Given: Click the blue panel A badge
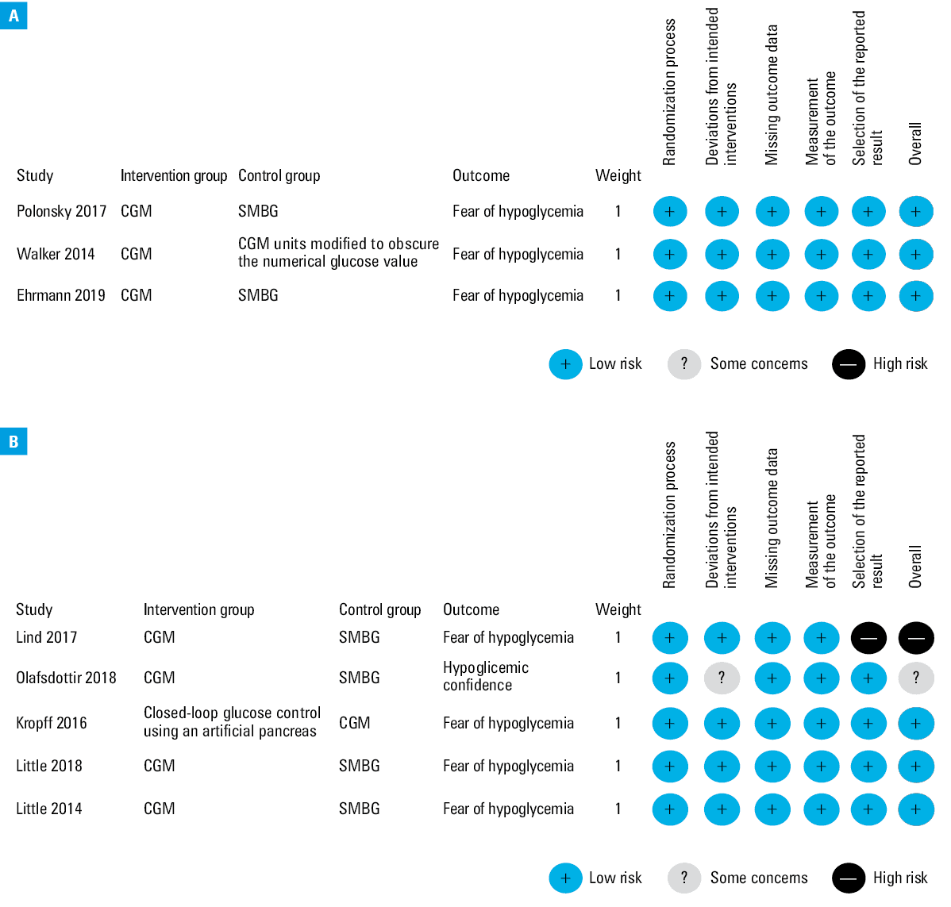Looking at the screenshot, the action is pos(13,15).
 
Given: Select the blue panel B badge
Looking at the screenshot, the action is pos(13,441).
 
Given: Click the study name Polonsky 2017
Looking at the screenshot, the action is pos(61,211).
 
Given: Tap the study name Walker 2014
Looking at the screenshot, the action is pos(56,253).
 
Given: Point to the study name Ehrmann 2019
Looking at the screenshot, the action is pos(60,295).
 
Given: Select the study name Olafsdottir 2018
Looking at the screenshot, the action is pos(66,677).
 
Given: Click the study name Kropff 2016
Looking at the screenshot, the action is pos(52,723).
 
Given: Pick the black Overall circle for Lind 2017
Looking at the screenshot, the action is pos(916,638).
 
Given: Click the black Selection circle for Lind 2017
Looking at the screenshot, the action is pos(868,638).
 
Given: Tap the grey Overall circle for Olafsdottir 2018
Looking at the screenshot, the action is pos(916,678).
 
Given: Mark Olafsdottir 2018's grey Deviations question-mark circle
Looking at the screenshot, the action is pos(722,678).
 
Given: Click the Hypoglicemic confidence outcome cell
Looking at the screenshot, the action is pos(486,676).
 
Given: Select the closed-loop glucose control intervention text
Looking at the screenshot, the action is pos(233,721).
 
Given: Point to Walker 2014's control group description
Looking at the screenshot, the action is pos(338,252).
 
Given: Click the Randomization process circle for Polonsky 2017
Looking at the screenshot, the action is pos(670,212).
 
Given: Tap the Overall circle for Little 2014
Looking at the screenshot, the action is pos(916,809).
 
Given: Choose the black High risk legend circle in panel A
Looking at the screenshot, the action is pos(849,364).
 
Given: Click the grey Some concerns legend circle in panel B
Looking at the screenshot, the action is pos(684,878).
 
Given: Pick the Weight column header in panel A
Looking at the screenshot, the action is pos(618,176).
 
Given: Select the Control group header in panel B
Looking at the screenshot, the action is pos(379,610).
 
